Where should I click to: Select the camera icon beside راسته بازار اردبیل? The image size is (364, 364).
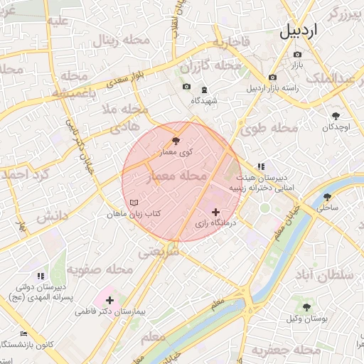pos(272,77)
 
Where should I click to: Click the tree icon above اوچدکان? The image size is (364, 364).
pos(336,115)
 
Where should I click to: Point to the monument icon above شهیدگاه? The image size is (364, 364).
pos(204,90)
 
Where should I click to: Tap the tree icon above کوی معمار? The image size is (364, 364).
pos(176,141)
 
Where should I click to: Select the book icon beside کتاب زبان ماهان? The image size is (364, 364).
pos(132,203)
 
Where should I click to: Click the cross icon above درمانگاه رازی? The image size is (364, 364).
pos(215,212)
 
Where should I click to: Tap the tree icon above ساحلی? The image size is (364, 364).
pos(327,197)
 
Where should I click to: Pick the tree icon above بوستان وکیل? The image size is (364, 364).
pos(306,307)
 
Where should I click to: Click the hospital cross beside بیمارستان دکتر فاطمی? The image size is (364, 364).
pos(109,301)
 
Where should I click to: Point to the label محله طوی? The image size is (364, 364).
pos(268,129)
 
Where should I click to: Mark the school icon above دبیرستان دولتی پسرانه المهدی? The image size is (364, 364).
pos(41,275)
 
